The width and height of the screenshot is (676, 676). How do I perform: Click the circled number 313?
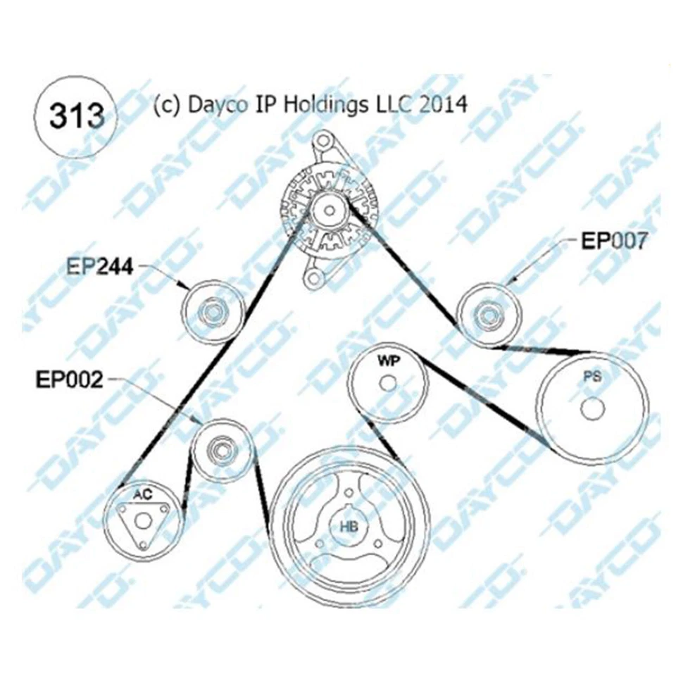[x=77, y=116]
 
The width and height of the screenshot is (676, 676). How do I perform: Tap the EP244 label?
[x=99, y=267]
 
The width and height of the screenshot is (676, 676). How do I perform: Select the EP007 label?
[x=614, y=241]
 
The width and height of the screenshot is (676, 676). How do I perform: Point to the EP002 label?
[x=70, y=380]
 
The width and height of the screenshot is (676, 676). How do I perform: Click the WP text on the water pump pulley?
[x=389, y=361]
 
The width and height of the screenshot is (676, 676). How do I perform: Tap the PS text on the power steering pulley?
[x=592, y=376]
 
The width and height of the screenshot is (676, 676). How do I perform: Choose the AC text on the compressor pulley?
[x=142, y=494]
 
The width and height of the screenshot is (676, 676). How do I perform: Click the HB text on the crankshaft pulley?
[x=349, y=527]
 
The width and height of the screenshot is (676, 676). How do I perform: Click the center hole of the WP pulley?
[x=388, y=383]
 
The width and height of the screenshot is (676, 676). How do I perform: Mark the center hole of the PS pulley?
[x=592, y=408]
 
